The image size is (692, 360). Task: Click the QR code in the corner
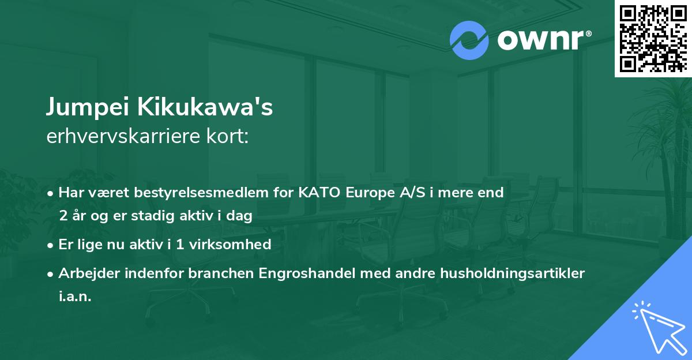(x=653, y=39)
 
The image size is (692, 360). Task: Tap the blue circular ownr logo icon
(x=469, y=40)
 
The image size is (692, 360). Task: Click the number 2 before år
(x=62, y=216)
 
